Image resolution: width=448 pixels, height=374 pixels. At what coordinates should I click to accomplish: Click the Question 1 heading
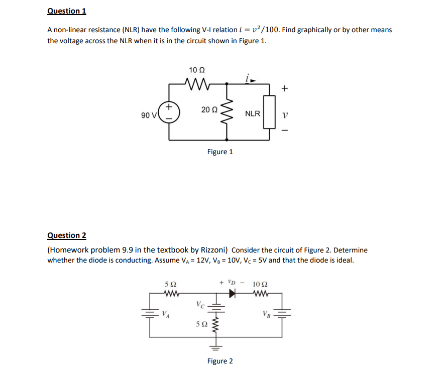pyautogui.click(x=63, y=11)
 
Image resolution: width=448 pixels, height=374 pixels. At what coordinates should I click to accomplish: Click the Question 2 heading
pyautogui.click(x=67, y=235)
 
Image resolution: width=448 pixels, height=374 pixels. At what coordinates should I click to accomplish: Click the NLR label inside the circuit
pyautogui.click(x=253, y=113)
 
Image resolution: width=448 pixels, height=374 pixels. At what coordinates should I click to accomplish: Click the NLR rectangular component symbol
pyautogui.click(x=270, y=113)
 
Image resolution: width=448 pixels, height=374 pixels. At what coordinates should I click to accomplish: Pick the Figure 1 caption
pyautogui.click(x=220, y=151)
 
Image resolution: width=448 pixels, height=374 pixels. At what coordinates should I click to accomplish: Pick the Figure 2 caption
pyautogui.click(x=220, y=361)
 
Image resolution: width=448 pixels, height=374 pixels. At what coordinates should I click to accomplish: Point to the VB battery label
pyautogui.click(x=267, y=315)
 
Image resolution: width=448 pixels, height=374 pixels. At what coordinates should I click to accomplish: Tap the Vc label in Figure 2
pyautogui.click(x=200, y=304)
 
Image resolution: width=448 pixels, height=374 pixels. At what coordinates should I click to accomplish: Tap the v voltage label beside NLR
pyautogui.click(x=285, y=114)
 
